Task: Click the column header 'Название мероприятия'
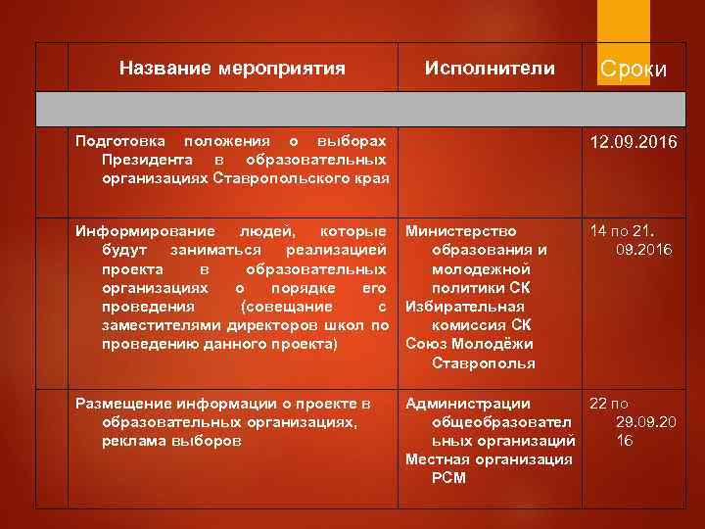point(232,69)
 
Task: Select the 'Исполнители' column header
point(490,69)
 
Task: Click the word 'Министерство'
point(461,232)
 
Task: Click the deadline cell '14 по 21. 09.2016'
point(630,241)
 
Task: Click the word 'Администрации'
point(468,404)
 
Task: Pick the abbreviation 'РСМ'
point(448,478)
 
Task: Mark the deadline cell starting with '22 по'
point(623,422)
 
